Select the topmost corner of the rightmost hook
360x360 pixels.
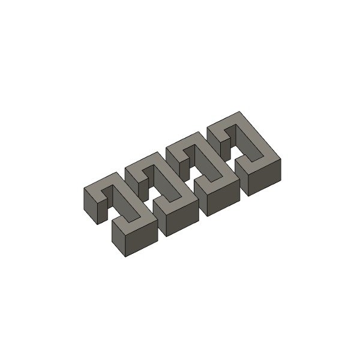[x=240, y=112]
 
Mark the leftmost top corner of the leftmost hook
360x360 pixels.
[x=83, y=189]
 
